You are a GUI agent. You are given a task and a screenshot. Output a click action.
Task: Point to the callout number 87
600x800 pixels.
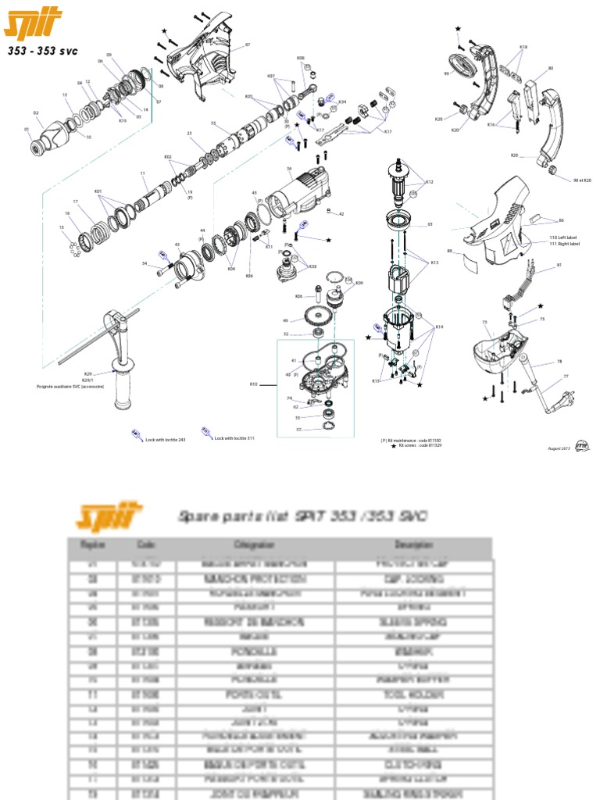pyautogui.click(x=248, y=45)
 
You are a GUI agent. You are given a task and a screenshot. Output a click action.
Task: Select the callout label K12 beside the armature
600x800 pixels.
pyautogui.click(x=429, y=181)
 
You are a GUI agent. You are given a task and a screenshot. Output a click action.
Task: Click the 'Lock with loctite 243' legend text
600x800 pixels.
pyautogui.click(x=166, y=439)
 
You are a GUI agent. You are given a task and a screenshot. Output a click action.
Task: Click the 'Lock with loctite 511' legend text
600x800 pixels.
pyautogui.click(x=234, y=439)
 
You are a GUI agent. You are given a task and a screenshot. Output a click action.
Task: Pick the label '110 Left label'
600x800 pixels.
pyautogui.click(x=565, y=237)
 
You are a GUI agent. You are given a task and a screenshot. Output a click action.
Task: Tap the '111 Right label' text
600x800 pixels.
pyautogui.click(x=565, y=244)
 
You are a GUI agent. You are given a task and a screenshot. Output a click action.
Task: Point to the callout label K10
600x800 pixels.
pyautogui.click(x=253, y=384)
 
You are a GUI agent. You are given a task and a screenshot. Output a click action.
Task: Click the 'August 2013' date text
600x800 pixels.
pyautogui.click(x=558, y=448)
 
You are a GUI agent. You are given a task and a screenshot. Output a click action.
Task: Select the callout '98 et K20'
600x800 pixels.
pyautogui.click(x=582, y=180)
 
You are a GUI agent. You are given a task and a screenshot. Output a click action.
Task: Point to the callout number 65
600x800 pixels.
pyautogui.click(x=429, y=224)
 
